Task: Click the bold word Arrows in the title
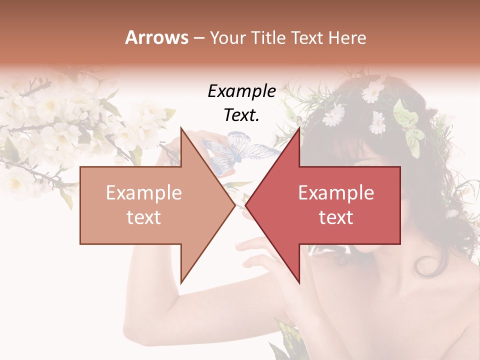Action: pos(157,37)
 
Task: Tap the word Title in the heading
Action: pos(268,37)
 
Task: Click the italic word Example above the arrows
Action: pos(241,91)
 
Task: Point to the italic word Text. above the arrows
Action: pos(241,115)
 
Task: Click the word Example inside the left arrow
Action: pos(143,193)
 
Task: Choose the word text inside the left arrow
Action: pos(143,217)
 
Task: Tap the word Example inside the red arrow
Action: pos(336,193)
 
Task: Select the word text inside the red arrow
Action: pos(336,217)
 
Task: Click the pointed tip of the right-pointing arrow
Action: pos(235,205)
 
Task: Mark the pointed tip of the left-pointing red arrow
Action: pos(245,205)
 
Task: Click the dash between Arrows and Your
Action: pos(199,37)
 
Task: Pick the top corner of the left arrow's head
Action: pos(181,127)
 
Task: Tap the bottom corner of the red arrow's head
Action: pos(299,283)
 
